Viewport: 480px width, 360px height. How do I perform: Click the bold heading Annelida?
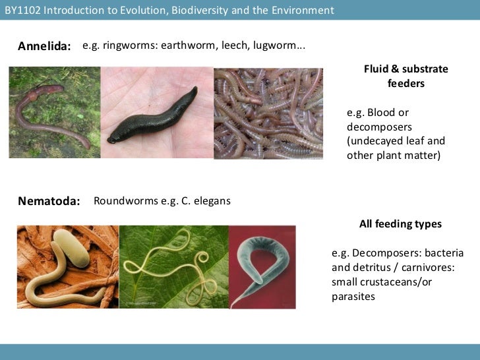pyautogui.click(x=44, y=46)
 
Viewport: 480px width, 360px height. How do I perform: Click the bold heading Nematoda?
pyautogui.click(x=48, y=201)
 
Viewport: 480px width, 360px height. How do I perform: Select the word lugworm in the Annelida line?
pyautogui.click(x=275, y=45)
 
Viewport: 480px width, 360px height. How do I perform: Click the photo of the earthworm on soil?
pyautogui.click(x=54, y=112)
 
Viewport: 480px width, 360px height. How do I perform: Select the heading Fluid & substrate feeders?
pyautogui.click(x=405, y=76)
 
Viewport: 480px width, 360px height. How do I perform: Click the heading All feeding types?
pyautogui.click(x=400, y=224)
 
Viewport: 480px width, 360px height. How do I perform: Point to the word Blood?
pyautogui.click(x=382, y=112)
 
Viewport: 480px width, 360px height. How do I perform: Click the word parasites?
pyautogui.click(x=353, y=297)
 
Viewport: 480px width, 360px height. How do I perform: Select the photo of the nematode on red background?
pyautogui.click(x=262, y=266)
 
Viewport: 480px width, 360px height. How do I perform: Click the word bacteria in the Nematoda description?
pyautogui.click(x=444, y=253)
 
